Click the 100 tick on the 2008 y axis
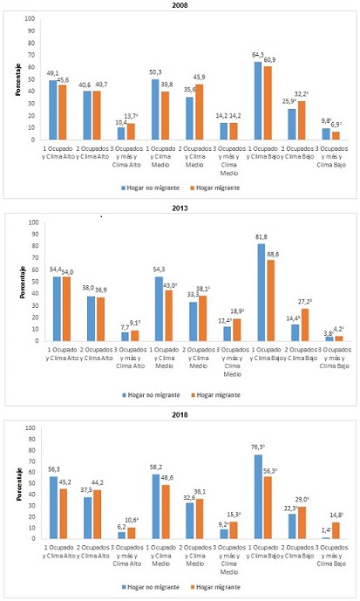click(32, 17)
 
